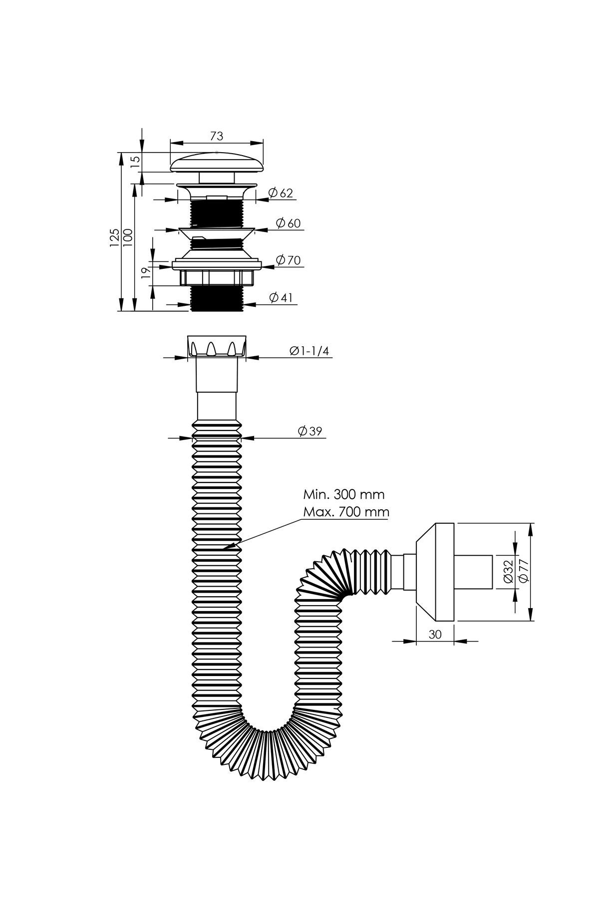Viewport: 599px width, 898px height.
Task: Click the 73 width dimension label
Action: (216, 136)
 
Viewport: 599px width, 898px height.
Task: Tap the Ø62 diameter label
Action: (281, 193)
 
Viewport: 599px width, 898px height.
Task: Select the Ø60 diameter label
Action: (289, 223)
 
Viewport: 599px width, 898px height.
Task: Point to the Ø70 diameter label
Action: (288, 260)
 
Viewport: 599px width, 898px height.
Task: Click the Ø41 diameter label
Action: (281, 298)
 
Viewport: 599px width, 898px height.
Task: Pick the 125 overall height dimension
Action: (115, 238)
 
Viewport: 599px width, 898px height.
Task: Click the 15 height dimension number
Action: (135, 162)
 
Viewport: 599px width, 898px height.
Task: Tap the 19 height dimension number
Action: (146, 272)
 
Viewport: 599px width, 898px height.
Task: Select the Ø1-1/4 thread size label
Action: (309, 351)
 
